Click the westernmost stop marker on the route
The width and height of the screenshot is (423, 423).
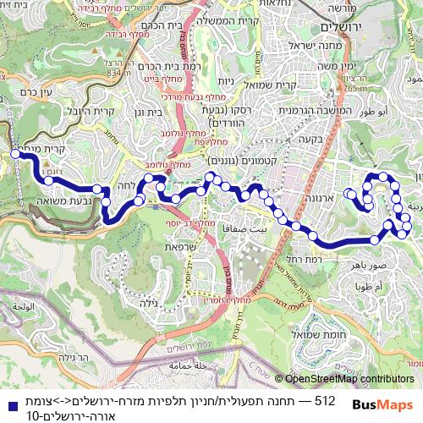14,154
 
